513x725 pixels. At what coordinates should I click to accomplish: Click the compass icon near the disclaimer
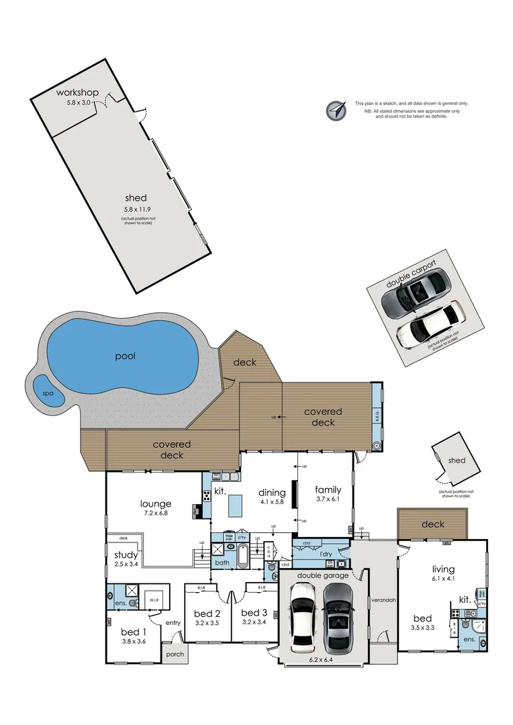335,109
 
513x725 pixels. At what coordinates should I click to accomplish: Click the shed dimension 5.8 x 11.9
136,209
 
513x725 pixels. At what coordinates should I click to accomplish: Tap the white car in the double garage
302,616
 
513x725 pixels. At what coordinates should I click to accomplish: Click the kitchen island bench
234,505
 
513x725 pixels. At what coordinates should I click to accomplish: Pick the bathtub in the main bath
243,557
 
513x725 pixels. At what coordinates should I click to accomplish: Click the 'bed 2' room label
207,613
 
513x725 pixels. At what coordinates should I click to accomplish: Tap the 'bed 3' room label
254,612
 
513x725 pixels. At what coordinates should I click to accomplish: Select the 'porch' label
174,653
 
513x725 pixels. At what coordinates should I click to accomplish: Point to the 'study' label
126,555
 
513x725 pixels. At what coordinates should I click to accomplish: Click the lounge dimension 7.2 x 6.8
155,513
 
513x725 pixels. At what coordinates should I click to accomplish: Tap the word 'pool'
125,356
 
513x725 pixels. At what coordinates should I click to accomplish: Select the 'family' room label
328,489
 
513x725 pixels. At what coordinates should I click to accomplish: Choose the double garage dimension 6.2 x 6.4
324,660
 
